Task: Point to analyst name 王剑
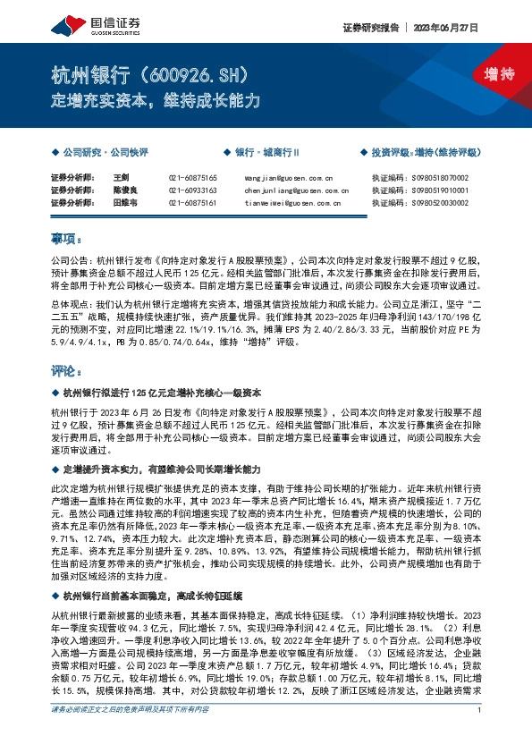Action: pos(121,178)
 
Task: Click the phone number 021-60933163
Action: pos(192,190)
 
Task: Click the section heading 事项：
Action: pos(66,238)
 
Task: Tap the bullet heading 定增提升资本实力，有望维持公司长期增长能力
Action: pos(161,469)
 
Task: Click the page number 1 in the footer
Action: pos(480,735)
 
